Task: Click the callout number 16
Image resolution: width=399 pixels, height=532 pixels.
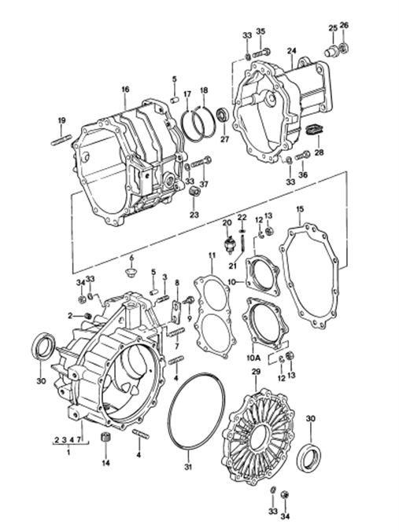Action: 125,90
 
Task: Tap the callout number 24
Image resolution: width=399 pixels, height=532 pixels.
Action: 291,51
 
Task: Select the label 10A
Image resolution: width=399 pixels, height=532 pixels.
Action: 253,358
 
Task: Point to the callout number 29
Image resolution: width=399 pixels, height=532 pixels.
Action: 256,372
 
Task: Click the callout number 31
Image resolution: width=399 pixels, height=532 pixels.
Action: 188,467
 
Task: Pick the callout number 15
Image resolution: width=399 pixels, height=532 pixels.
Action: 300,209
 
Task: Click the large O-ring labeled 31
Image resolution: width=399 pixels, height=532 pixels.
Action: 197,412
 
